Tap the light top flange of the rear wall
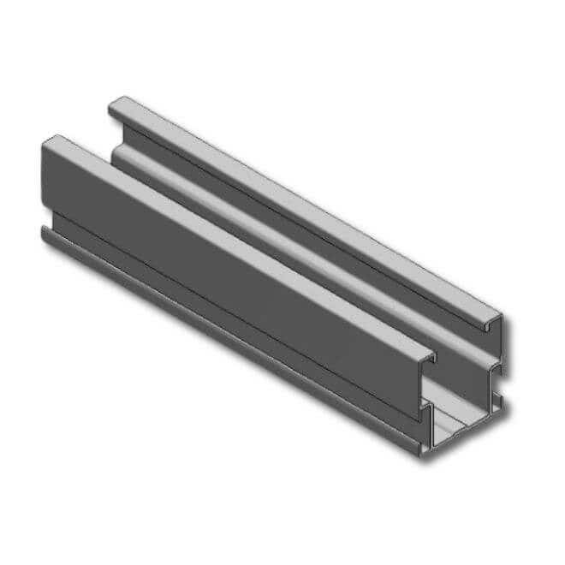(x=300, y=205)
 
